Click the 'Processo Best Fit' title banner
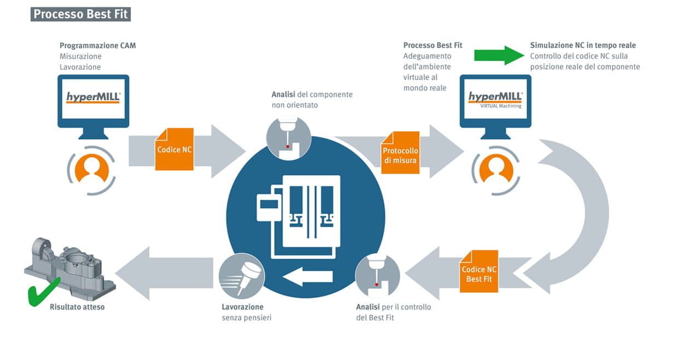tap(80, 14)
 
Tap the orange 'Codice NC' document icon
tap(174, 149)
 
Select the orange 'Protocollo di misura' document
tap(400, 153)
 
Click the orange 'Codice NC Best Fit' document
tap(479, 271)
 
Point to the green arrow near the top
tap(499, 55)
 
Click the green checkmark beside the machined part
tap(43, 292)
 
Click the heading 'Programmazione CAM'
tap(98, 45)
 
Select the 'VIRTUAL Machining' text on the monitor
tap(501, 106)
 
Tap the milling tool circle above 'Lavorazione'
tap(242, 276)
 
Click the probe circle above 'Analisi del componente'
tap(289, 138)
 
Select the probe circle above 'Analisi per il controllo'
tap(377, 276)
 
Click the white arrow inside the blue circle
tap(307, 276)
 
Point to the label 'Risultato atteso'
tap(77, 307)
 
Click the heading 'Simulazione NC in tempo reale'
tap(583, 45)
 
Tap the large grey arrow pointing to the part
tap(165, 274)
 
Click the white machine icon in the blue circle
tap(299, 217)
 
